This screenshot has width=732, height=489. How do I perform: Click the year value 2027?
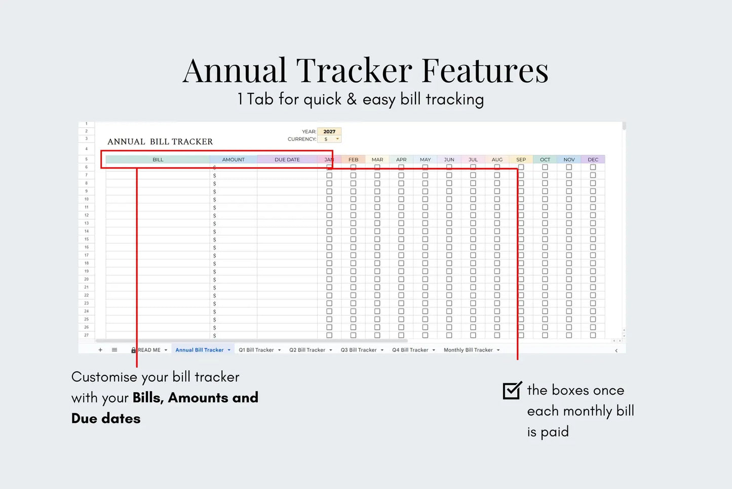329,131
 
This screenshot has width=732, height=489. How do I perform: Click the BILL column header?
158,160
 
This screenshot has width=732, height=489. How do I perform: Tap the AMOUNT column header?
234,160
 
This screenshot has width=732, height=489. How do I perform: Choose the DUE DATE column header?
287,160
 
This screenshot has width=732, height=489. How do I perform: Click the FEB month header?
353,160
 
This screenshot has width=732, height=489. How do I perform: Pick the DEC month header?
593,160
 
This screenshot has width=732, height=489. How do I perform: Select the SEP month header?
521,160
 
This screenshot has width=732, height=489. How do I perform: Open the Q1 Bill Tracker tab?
256,350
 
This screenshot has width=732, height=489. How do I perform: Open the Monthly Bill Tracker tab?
468,350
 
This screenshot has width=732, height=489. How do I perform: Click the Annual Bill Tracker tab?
200,350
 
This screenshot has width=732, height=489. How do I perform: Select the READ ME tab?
149,350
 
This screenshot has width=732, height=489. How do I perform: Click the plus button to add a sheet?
100,350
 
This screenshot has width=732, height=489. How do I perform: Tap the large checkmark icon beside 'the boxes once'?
512,390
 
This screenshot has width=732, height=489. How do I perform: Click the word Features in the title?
485,71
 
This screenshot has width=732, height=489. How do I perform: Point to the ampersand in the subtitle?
352,99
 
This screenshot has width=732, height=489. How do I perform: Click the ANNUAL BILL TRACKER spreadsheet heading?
160,142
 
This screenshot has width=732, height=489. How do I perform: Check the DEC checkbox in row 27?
593,335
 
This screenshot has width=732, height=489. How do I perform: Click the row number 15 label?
87,239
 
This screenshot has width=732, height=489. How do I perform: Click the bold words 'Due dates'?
106,418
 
